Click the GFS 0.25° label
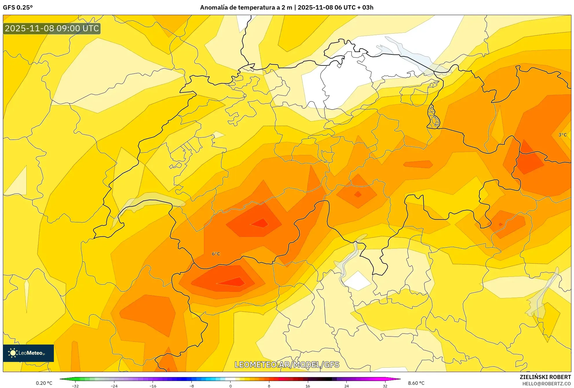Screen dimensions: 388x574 pyautogui.click(x=18, y=8)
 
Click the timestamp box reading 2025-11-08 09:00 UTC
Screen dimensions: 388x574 pyautogui.click(x=52, y=28)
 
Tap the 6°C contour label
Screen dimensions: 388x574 pyautogui.click(x=216, y=254)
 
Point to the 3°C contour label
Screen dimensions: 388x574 pyautogui.click(x=562, y=135)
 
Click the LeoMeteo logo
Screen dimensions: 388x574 pyautogui.click(x=28, y=353)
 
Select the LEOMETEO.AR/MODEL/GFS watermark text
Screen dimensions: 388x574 pyautogui.click(x=287, y=365)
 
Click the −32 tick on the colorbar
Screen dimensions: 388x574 pyautogui.click(x=75, y=386)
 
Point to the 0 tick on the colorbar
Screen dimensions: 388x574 pyautogui.click(x=230, y=386)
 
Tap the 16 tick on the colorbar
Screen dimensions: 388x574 pyautogui.click(x=308, y=386)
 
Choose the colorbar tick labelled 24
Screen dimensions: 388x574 pyautogui.click(x=346, y=386)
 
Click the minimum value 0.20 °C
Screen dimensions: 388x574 pyautogui.click(x=44, y=383)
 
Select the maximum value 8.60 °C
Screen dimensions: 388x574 pyautogui.click(x=416, y=383)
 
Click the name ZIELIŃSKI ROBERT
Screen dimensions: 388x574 pyautogui.click(x=545, y=377)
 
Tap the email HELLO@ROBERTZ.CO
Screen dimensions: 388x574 pyautogui.click(x=546, y=384)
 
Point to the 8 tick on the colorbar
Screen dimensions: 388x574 pyautogui.click(x=269, y=386)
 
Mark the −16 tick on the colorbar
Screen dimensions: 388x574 pyautogui.click(x=153, y=386)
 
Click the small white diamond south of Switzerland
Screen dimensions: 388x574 pyautogui.click(x=358, y=280)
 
